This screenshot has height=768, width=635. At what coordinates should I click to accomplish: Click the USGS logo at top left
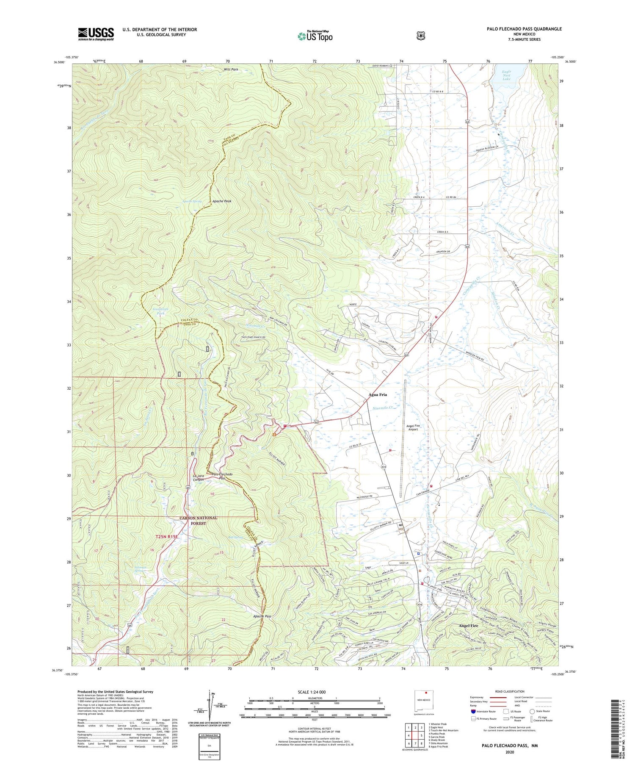(x=96, y=34)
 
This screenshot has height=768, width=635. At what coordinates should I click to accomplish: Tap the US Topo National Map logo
(x=315, y=36)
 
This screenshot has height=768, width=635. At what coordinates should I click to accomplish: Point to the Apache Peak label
(x=222, y=201)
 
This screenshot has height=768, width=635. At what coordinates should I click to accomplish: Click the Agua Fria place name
(x=378, y=394)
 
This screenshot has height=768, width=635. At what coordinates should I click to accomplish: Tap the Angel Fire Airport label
(x=413, y=427)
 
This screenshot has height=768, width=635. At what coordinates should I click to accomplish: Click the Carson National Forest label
(x=198, y=520)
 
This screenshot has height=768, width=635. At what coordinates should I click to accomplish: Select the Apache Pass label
(x=262, y=616)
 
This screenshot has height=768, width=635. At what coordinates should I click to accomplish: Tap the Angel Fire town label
(x=468, y=625)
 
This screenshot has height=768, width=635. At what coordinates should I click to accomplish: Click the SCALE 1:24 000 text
(x=312, y=692)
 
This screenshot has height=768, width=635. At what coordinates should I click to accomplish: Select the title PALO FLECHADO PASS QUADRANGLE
(x=524, y=29)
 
